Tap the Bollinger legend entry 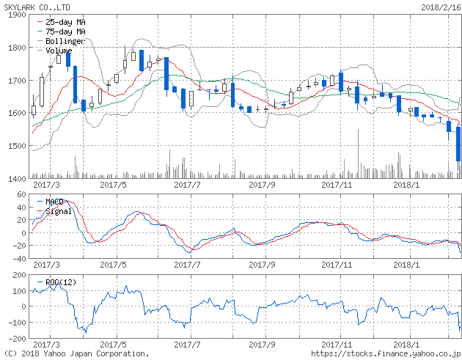(x=65, y=42)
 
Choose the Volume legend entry (x=59, y=51)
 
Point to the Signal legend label (x=58, y=211)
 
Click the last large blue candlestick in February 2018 (x=458, y=144)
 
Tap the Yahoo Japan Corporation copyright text (x=76, y=353)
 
